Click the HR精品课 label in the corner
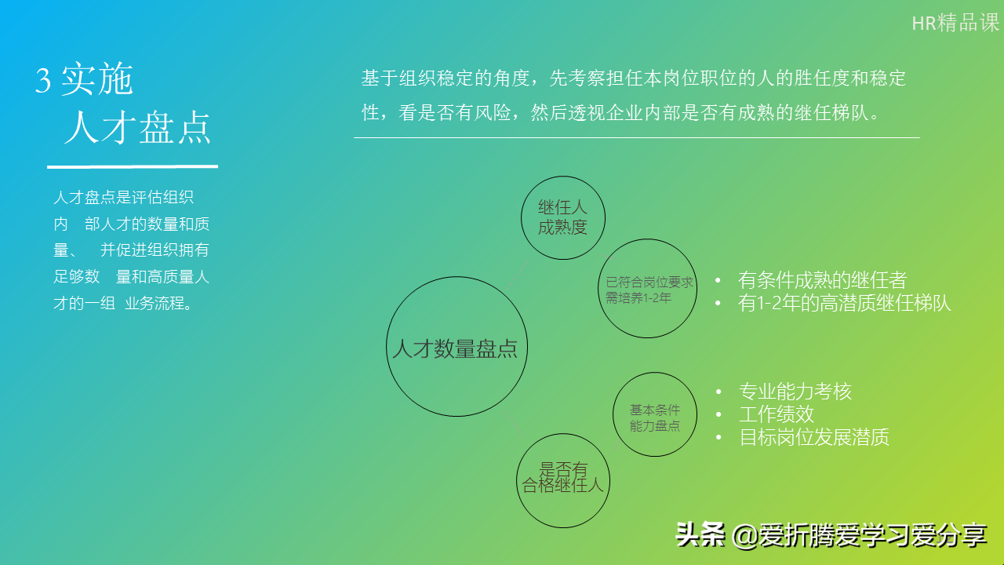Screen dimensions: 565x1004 [955, 23]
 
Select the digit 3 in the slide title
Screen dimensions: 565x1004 [43, 80]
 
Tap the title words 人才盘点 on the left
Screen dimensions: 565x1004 [137, 128]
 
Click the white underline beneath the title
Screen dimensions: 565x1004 [132, 166]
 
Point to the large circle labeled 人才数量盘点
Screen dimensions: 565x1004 [457, 347]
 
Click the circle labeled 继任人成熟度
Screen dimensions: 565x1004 [563, 217]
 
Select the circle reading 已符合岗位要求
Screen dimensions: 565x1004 [648, 290]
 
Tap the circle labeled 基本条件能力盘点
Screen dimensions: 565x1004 [655, 415]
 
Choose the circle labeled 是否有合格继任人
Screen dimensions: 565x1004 [563, 479]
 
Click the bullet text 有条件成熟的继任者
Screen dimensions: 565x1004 [822, 280]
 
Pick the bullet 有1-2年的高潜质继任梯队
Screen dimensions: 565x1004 [845, 303]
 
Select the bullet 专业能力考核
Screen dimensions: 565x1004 [795, 392]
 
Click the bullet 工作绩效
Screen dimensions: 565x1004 [777, 414]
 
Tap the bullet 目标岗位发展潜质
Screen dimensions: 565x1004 [814, 437]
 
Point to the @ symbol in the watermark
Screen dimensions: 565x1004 [744, 536]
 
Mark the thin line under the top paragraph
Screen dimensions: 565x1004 [636, 138]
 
